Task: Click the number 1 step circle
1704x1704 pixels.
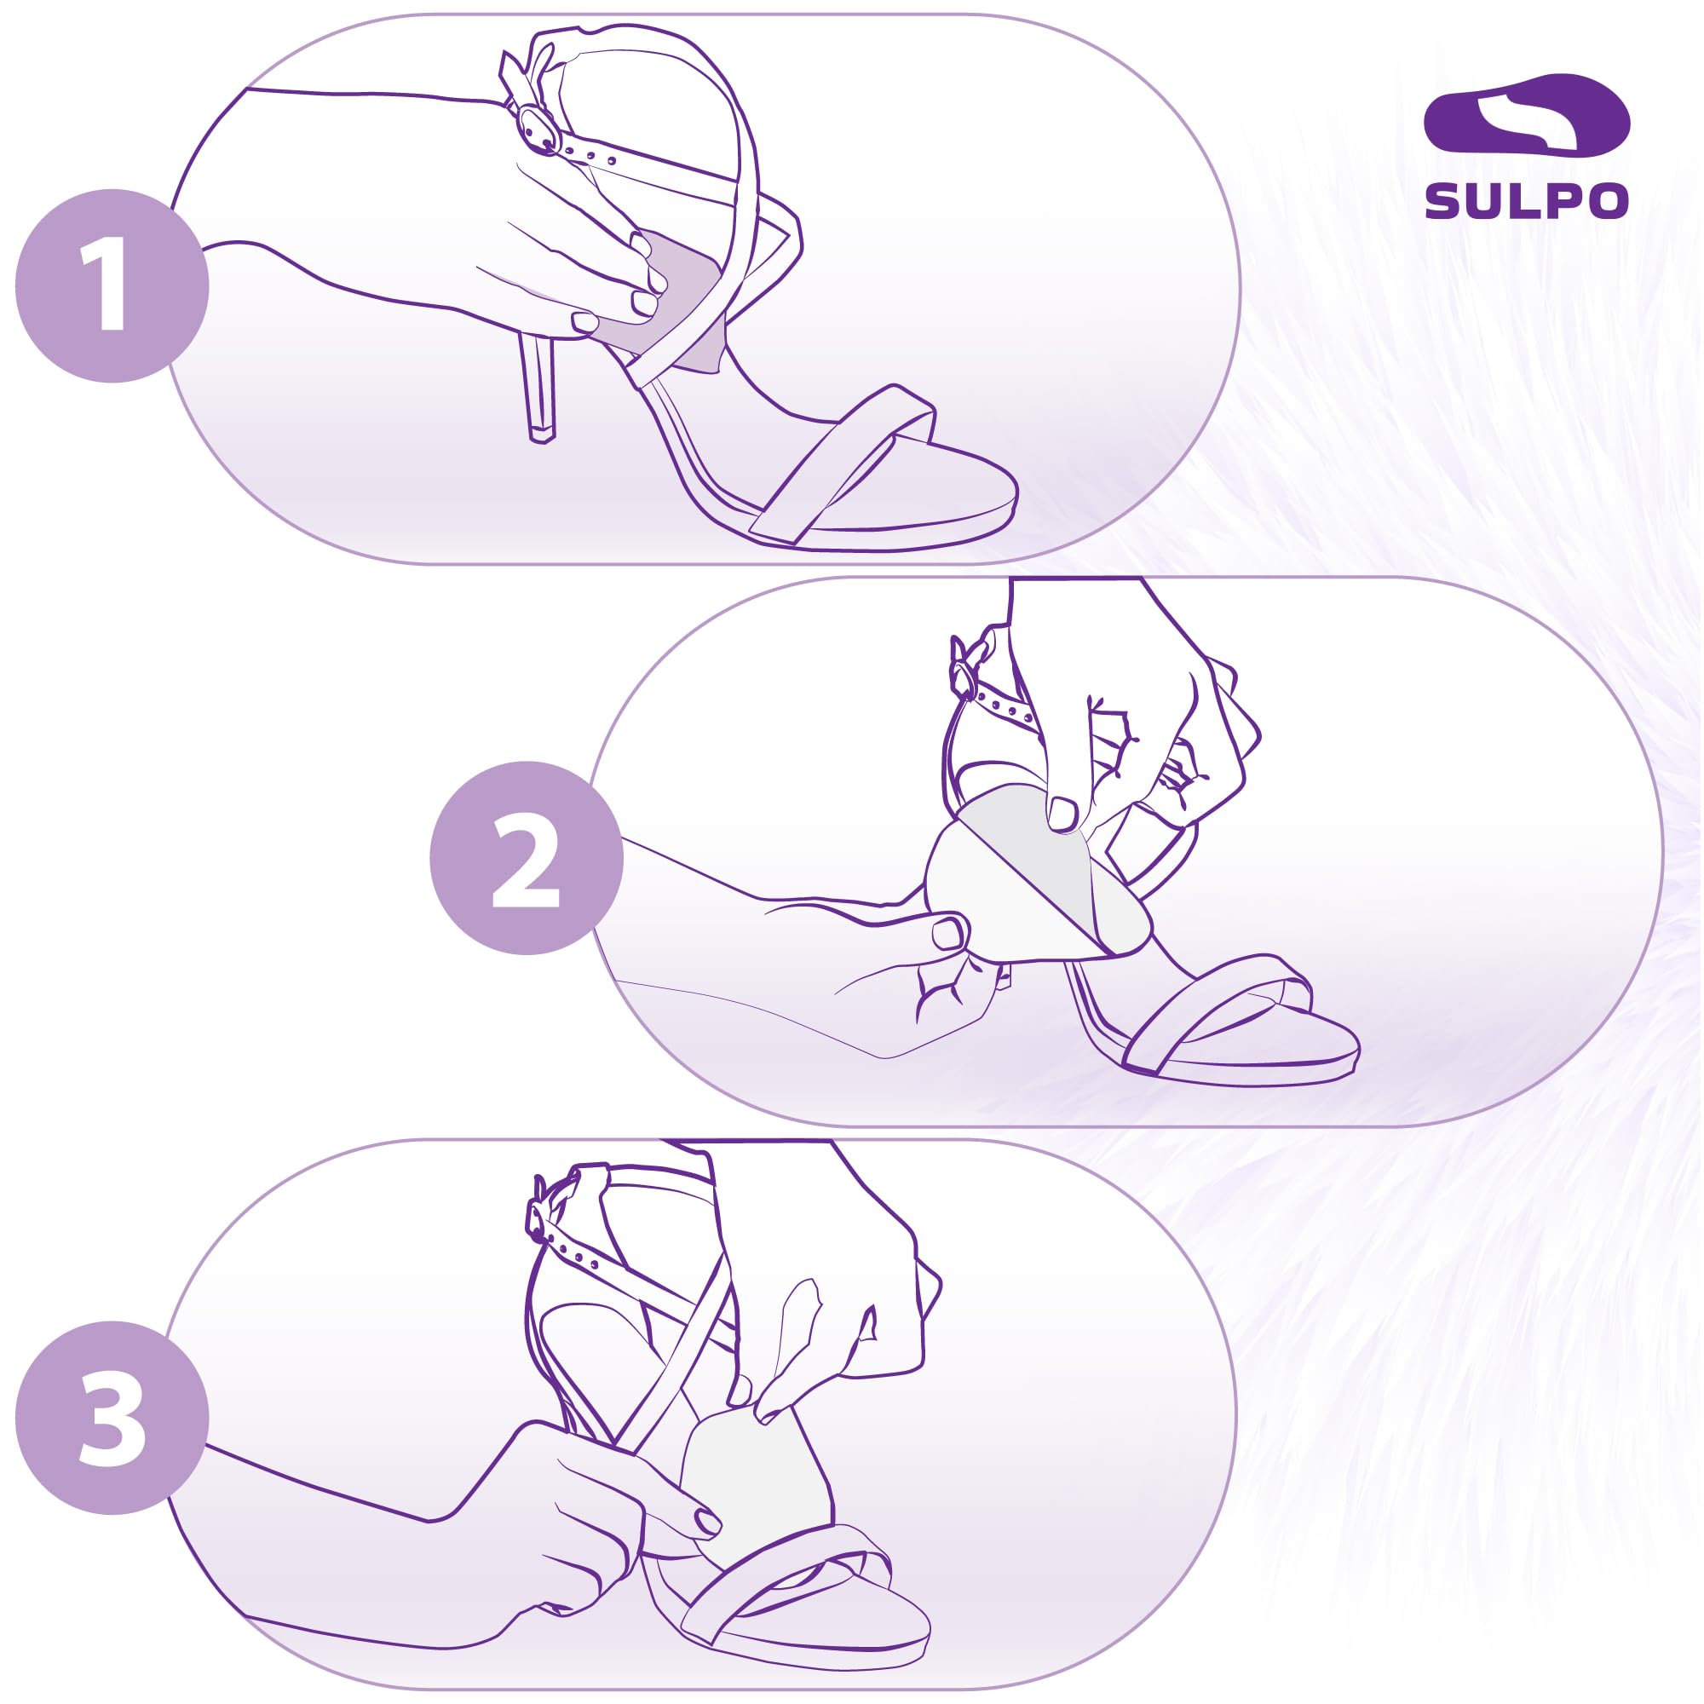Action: click(x=112, y=285)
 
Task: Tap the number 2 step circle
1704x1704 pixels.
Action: click(x=527, y=858)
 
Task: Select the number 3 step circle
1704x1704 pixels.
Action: click(x=112, y=1418)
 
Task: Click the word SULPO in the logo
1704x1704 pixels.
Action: click(x=1527, y=202)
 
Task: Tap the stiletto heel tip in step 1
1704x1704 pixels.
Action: click(x=542, y=434)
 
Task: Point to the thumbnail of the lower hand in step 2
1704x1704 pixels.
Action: click(x=949, y=932)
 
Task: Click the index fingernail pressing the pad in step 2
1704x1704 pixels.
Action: click(x=1062, y=814)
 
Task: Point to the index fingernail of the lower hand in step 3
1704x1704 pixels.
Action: click(x=707, y=1521)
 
